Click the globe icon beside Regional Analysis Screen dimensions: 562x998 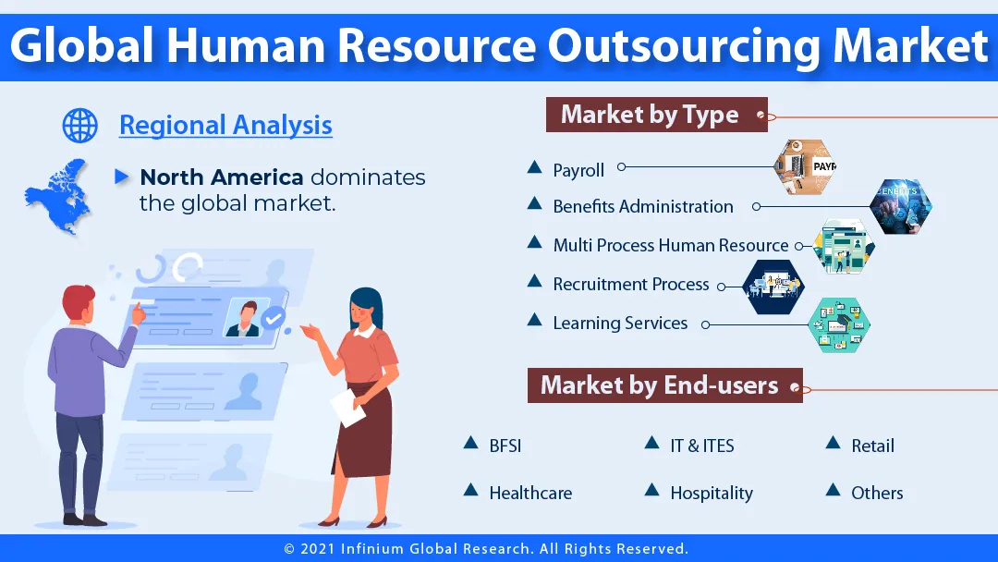[x=79, y=125]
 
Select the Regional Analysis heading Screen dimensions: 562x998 [x=225, y=125]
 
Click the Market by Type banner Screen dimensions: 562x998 [x=650, y=115]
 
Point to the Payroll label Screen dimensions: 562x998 [x=578, y=170]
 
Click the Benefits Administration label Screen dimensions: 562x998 [x=643, y=207]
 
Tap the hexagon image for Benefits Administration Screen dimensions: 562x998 [x=900, y=205]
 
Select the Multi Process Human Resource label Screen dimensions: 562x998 [x=671, y=246]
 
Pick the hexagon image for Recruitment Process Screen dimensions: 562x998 [x=773, y=287]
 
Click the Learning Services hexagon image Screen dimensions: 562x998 [x=838, y=324]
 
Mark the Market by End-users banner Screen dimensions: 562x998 [x=660, y=385]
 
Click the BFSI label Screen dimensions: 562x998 [x=505, y=446]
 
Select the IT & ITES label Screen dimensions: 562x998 [x=702, y=446]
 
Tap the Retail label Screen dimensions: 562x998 [x=872, y=446]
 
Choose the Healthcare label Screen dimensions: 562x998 [x=530, y=494]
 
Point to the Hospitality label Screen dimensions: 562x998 [x=712, y=494]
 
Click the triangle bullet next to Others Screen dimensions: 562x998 [x=833, y=490]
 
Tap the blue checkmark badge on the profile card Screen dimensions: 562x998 [x=273, y=320]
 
